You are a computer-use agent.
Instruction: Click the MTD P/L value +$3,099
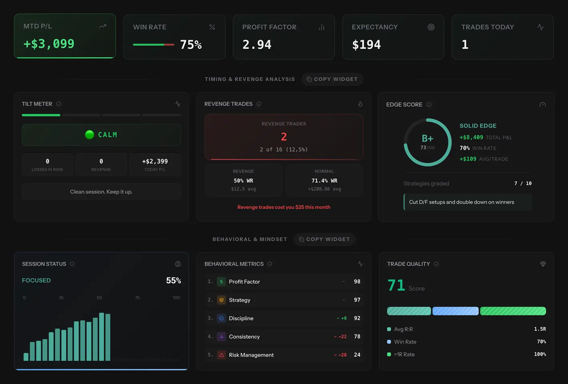pyautogui.click(x=49, y=44)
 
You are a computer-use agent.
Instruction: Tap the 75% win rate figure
pyautogui.click(x=191, y=44)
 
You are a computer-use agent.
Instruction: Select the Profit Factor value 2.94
pyautogui.click(x=257, y=44)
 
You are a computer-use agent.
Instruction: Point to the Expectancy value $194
pyautogui.click(x=366, y=44)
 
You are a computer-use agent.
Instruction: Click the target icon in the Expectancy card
pyautogui.click(x=431, y=27)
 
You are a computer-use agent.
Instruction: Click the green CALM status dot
pyautogui.click(x=90, y=135)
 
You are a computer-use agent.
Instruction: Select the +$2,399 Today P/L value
pyautogui.click(x=155, y=161)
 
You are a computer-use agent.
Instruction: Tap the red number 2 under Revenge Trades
pyautogui.click(x=284, y=137)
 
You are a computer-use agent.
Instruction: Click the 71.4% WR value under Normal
pyautogui.click(x=324, y=181)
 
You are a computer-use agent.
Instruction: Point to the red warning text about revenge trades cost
pyautogui.click(x=284, y=207)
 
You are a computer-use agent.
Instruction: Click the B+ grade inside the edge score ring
pyautogui.click(x=427, y=139)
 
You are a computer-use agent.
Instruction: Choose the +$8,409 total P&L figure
pyautogui.click(x=471, y=137)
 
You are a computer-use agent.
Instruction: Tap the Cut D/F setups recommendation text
pyautogui.click(x=461, y=202)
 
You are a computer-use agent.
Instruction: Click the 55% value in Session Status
pyautogui.click(x=173, y=280)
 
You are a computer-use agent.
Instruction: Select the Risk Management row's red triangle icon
pyautogui.click(x=221, y=355)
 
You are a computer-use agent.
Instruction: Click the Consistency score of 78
pyautogui.click(x=357, y=336)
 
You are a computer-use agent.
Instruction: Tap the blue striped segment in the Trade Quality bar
pyautogui.click(x=455, y=311)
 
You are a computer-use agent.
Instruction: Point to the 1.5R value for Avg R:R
pyautogui.click(x=540, y=329)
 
